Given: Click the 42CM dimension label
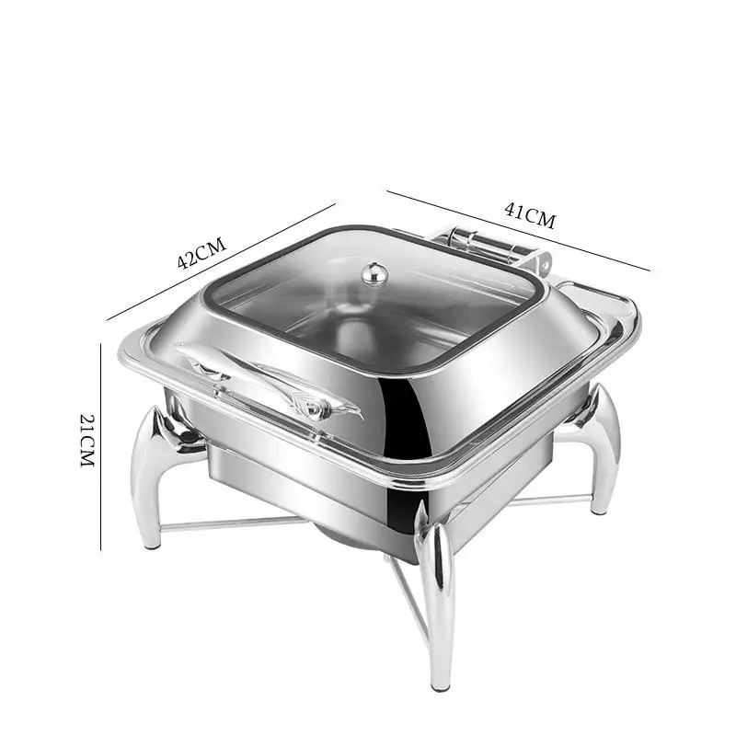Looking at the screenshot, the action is (x=201, y=253).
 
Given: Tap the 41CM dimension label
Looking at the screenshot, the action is (x=530, y=215).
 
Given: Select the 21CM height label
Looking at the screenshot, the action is (x=87, y=441).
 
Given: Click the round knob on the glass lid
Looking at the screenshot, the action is (x=374, y=273).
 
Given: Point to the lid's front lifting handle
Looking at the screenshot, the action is (x=268, y=380).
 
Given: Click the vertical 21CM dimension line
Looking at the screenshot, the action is (x=100, y=446).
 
